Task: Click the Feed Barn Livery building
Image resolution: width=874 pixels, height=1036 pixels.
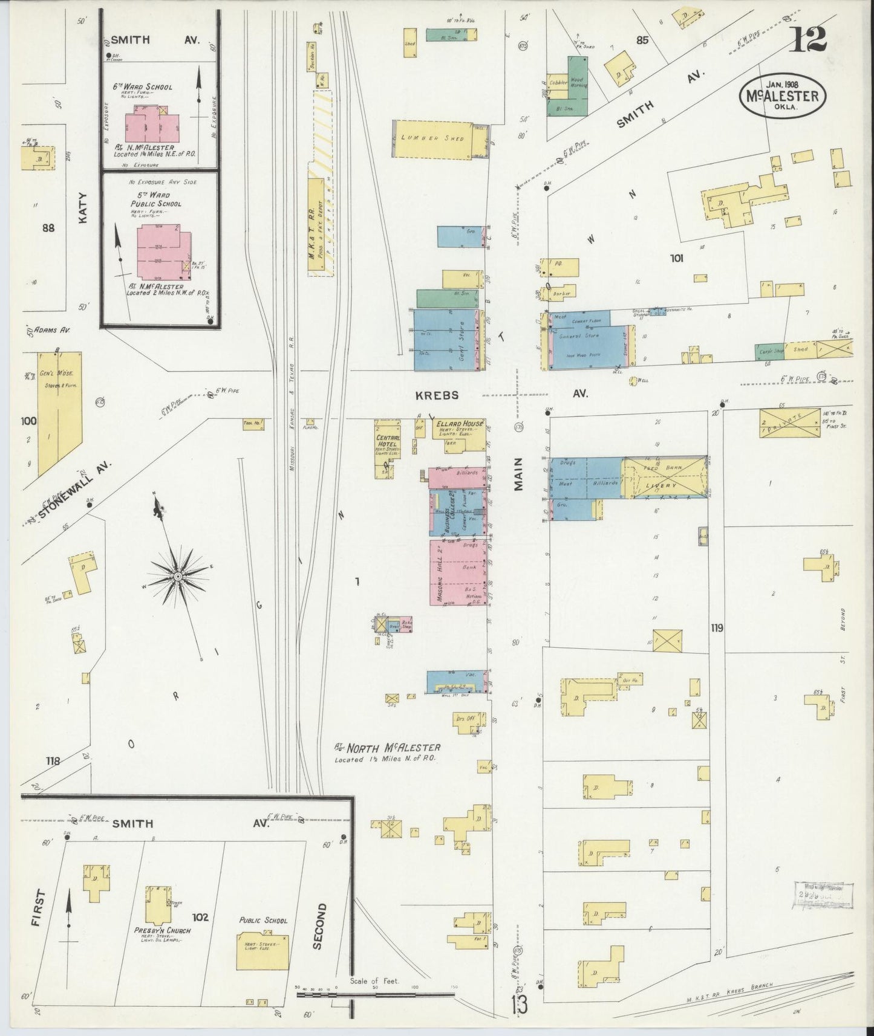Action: point(665,478)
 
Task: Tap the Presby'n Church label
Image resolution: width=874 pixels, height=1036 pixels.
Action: point(162,931)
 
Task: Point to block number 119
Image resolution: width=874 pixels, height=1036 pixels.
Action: point(717,628)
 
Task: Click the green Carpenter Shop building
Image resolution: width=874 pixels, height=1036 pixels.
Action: point(768,351)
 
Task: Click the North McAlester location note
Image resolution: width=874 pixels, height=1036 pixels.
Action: point(387,753)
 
